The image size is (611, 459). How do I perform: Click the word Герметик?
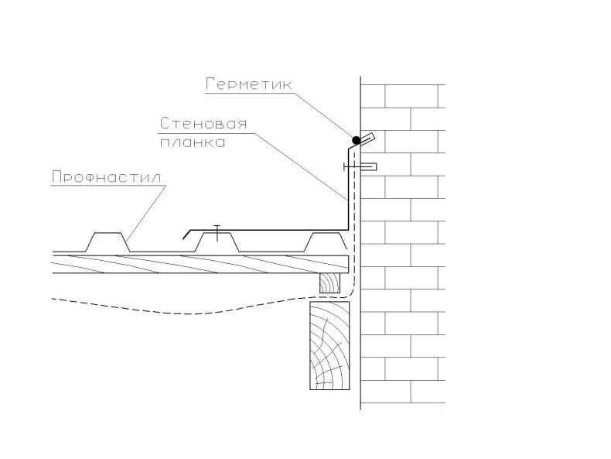tap(248, 84)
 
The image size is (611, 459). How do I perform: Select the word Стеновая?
tap(203, 124)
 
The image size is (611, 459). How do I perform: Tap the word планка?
tap(193, 142)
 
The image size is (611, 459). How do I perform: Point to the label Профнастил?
tap(107, 177)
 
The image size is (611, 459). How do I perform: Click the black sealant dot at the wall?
tap(356, 140)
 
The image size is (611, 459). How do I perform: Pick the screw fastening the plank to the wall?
tap(360, 167)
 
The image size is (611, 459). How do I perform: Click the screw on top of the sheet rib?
tap(217, 233)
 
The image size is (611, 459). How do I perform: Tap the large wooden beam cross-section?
tap(329, 345)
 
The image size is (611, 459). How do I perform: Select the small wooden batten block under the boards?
tap(329, 283)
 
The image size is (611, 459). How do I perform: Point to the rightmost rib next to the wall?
tap(325, 242)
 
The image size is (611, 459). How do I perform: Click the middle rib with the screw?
tap(217, 242)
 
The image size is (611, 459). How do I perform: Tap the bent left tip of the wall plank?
tap(186, 235)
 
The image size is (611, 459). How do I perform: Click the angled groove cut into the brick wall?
tap(367, 139)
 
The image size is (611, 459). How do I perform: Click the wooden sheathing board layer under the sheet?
tap(200, 264)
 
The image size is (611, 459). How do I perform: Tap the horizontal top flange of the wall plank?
tap(269, 230)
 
